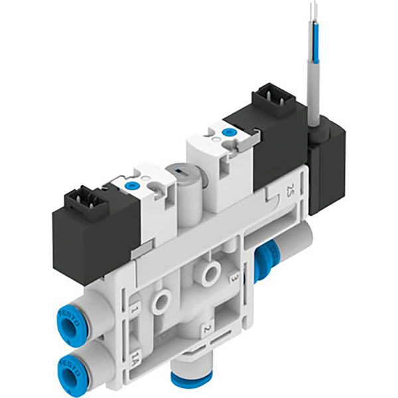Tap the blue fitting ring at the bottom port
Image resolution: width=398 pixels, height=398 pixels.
point(188,379)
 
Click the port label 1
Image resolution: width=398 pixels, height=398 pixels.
point(135,309)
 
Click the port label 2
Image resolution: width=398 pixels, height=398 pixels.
point(207,328)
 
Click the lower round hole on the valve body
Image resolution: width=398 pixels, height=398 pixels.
point(161,300)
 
